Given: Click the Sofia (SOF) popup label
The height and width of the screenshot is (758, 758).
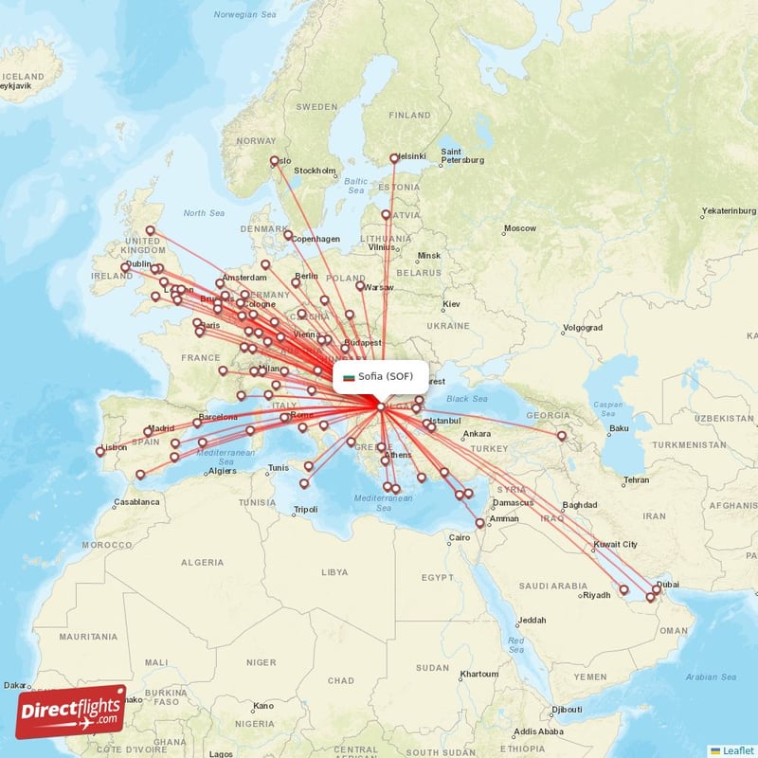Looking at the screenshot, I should (380, 376).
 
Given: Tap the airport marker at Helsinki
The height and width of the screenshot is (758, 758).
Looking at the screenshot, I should (394, 158).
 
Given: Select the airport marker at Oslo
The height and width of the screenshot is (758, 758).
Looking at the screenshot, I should (275, 161).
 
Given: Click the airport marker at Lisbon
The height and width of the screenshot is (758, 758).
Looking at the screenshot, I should (100, 452).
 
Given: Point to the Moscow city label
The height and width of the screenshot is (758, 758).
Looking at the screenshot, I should (519, 228).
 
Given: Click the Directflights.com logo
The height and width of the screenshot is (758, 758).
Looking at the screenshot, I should (71, 712).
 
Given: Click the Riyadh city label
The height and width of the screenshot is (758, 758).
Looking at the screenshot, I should (596, 596).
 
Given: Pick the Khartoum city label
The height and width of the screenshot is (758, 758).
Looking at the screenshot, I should (478, 675).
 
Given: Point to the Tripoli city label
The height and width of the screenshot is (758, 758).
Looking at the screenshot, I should (305, 510).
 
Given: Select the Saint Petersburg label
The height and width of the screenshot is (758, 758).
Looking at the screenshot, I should (462, 155).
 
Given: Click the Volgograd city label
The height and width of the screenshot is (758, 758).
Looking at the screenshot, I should (582, 328).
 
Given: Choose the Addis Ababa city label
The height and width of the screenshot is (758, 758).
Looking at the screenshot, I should (538, 731).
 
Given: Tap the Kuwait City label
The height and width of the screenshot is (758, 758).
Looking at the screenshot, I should (616, 545).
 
